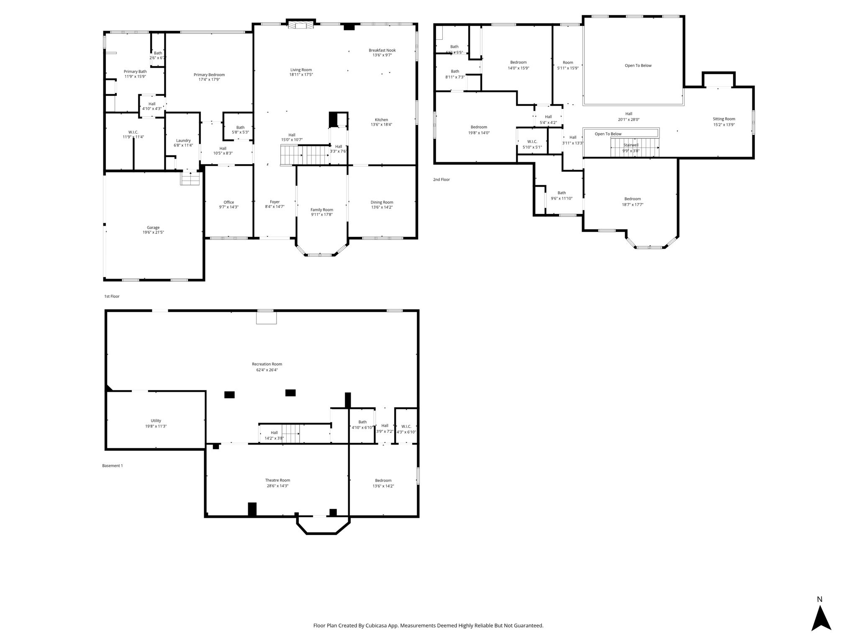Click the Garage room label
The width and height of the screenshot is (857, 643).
pos(153,228)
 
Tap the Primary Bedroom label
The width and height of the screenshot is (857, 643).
pos(209,75)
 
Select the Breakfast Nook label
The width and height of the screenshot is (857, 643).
pos(382,50)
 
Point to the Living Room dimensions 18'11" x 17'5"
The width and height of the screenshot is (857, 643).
pos(301,75)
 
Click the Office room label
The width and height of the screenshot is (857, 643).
pos(229,202)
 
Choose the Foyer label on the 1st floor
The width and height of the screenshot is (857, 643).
pos(275,202)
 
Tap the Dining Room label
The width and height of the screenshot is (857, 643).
pos(382,202)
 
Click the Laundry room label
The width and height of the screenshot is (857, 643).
pos(183,141)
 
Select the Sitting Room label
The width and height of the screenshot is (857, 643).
pos(724,119)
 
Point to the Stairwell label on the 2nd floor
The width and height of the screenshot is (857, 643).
pos(631,145)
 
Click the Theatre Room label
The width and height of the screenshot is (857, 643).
pos(277,480)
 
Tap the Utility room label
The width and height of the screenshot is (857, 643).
pos(156,421)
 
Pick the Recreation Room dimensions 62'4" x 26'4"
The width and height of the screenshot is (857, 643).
pos(267,370)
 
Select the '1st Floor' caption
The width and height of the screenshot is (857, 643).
pos(112,296)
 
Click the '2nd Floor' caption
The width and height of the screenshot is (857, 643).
pos(441,180)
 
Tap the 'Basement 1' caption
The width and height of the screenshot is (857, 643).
pos(113,466)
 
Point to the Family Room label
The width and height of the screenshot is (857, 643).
pos(322,210)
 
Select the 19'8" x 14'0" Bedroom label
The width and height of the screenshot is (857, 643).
pos(479,127)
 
